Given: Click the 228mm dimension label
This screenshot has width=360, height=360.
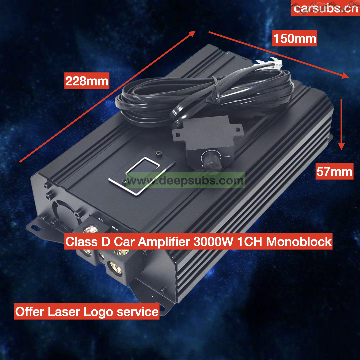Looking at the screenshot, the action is coord(87,81).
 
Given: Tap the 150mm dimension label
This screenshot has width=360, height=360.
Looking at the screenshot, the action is coord(295,38).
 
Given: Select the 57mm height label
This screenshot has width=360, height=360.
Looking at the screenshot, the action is coord(334,171).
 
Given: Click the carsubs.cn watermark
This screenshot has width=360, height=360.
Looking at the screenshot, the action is coord(326,8).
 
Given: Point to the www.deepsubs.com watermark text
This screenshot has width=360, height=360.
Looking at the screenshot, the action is coord(185,180).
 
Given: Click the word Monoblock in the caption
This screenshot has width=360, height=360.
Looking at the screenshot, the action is coord(299,242).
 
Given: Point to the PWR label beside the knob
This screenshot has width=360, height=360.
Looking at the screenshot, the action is coord(227,157).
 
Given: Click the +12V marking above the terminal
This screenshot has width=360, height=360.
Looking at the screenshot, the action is coord(100,219).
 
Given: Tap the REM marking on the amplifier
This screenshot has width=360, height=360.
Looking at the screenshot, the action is coord(115,228).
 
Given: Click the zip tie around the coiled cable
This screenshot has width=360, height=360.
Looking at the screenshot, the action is coord(215,91).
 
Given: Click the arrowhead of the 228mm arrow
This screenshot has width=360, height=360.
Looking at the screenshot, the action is coord(192,34).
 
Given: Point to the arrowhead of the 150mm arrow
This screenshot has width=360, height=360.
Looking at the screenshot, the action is coord(345,75).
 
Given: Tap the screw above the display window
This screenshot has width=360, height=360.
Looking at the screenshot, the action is coord(158,153).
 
